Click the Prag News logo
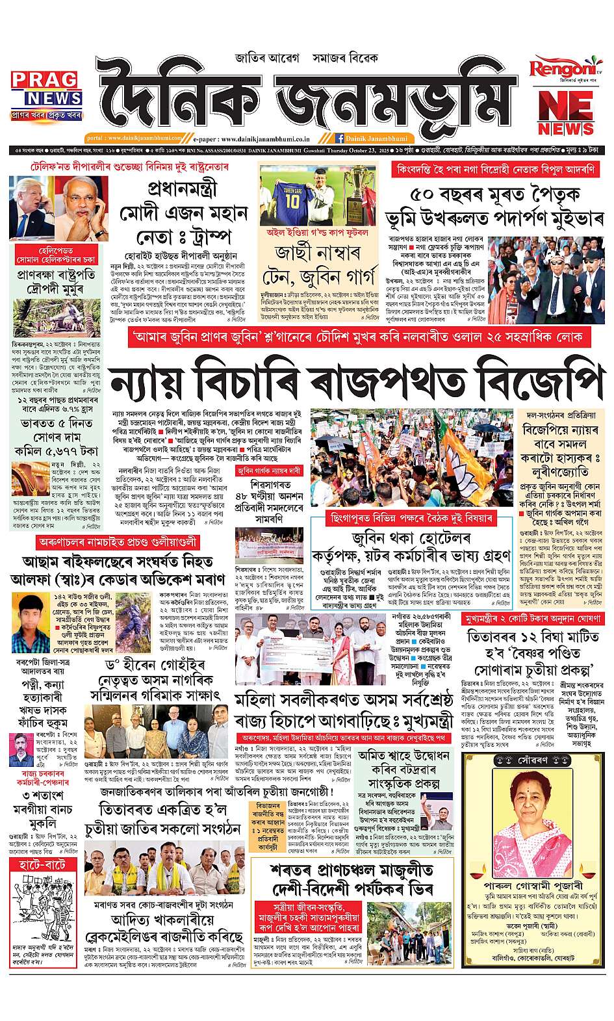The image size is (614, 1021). tap(46, 90)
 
